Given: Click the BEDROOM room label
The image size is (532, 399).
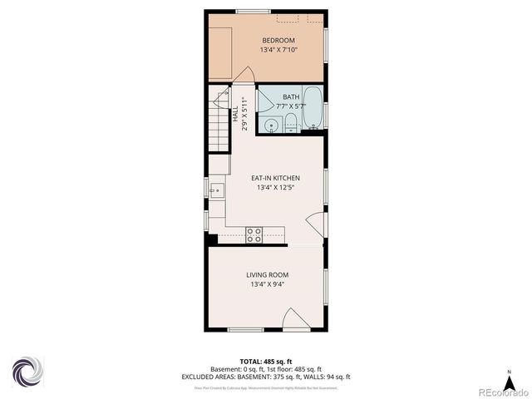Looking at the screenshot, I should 278,41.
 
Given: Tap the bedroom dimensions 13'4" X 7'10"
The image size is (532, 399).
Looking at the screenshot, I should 278,51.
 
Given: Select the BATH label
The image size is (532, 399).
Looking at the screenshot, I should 290,97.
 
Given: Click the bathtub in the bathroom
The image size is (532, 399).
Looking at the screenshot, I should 313,108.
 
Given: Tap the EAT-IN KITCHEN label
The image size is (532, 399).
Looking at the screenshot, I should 275,178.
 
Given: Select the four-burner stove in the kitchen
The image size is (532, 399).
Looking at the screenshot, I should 254,234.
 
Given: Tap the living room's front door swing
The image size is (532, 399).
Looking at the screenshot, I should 295,320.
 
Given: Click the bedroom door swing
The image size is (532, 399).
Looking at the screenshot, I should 243,75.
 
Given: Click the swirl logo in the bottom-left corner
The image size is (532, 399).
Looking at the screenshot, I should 27,372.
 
